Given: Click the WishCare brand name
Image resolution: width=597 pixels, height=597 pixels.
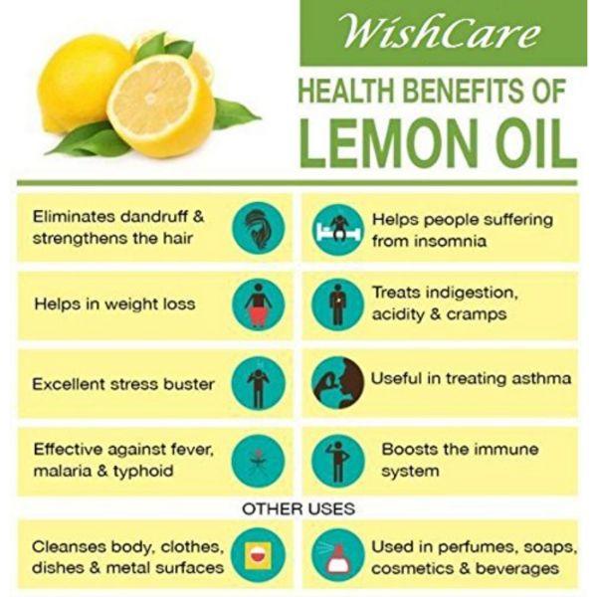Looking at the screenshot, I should tap(439, 32).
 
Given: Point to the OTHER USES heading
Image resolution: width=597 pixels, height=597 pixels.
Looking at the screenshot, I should tap(298, 508).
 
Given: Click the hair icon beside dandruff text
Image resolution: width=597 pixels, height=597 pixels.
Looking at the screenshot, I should tap(259, 227).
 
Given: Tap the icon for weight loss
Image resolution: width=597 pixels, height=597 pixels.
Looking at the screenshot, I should tap(259, 304).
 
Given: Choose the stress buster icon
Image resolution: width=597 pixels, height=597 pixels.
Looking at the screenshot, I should tap(259, 383).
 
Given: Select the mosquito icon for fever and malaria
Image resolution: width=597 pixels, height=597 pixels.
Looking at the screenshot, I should tap(259, 460).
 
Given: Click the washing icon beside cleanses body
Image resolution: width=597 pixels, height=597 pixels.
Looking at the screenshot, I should tap(259, 556).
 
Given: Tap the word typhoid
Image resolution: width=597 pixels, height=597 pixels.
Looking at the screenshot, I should tap(142, 471).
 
